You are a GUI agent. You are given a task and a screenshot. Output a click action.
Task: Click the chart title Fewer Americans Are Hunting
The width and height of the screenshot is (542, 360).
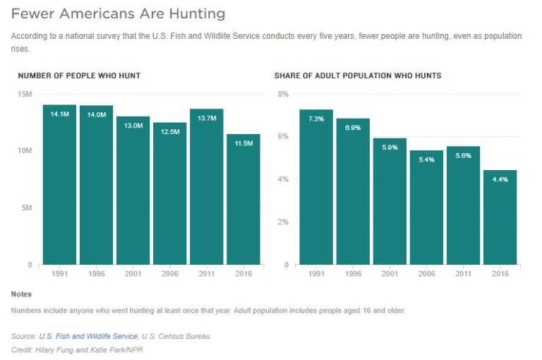(119, 13)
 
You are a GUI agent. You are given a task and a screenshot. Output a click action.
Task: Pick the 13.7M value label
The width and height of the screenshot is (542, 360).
(206, 118)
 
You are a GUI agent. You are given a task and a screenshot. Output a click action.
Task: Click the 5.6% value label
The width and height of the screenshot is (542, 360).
(463, 156)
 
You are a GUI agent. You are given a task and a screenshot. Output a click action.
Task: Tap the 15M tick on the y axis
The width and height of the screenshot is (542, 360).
(25, 94)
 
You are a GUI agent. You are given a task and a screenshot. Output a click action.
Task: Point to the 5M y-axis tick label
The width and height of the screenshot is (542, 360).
(26, 208)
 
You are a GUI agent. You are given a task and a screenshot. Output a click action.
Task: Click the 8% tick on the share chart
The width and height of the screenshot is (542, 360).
(283, 94)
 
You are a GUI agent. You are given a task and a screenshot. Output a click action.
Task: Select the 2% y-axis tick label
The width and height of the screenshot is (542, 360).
(283, 222)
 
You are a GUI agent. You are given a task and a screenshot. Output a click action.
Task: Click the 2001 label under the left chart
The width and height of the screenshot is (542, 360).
(133, 273)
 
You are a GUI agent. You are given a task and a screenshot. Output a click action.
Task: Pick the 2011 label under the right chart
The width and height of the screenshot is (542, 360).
(463, 273)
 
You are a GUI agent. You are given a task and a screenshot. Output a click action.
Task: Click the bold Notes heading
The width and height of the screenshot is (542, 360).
(21, 294)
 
